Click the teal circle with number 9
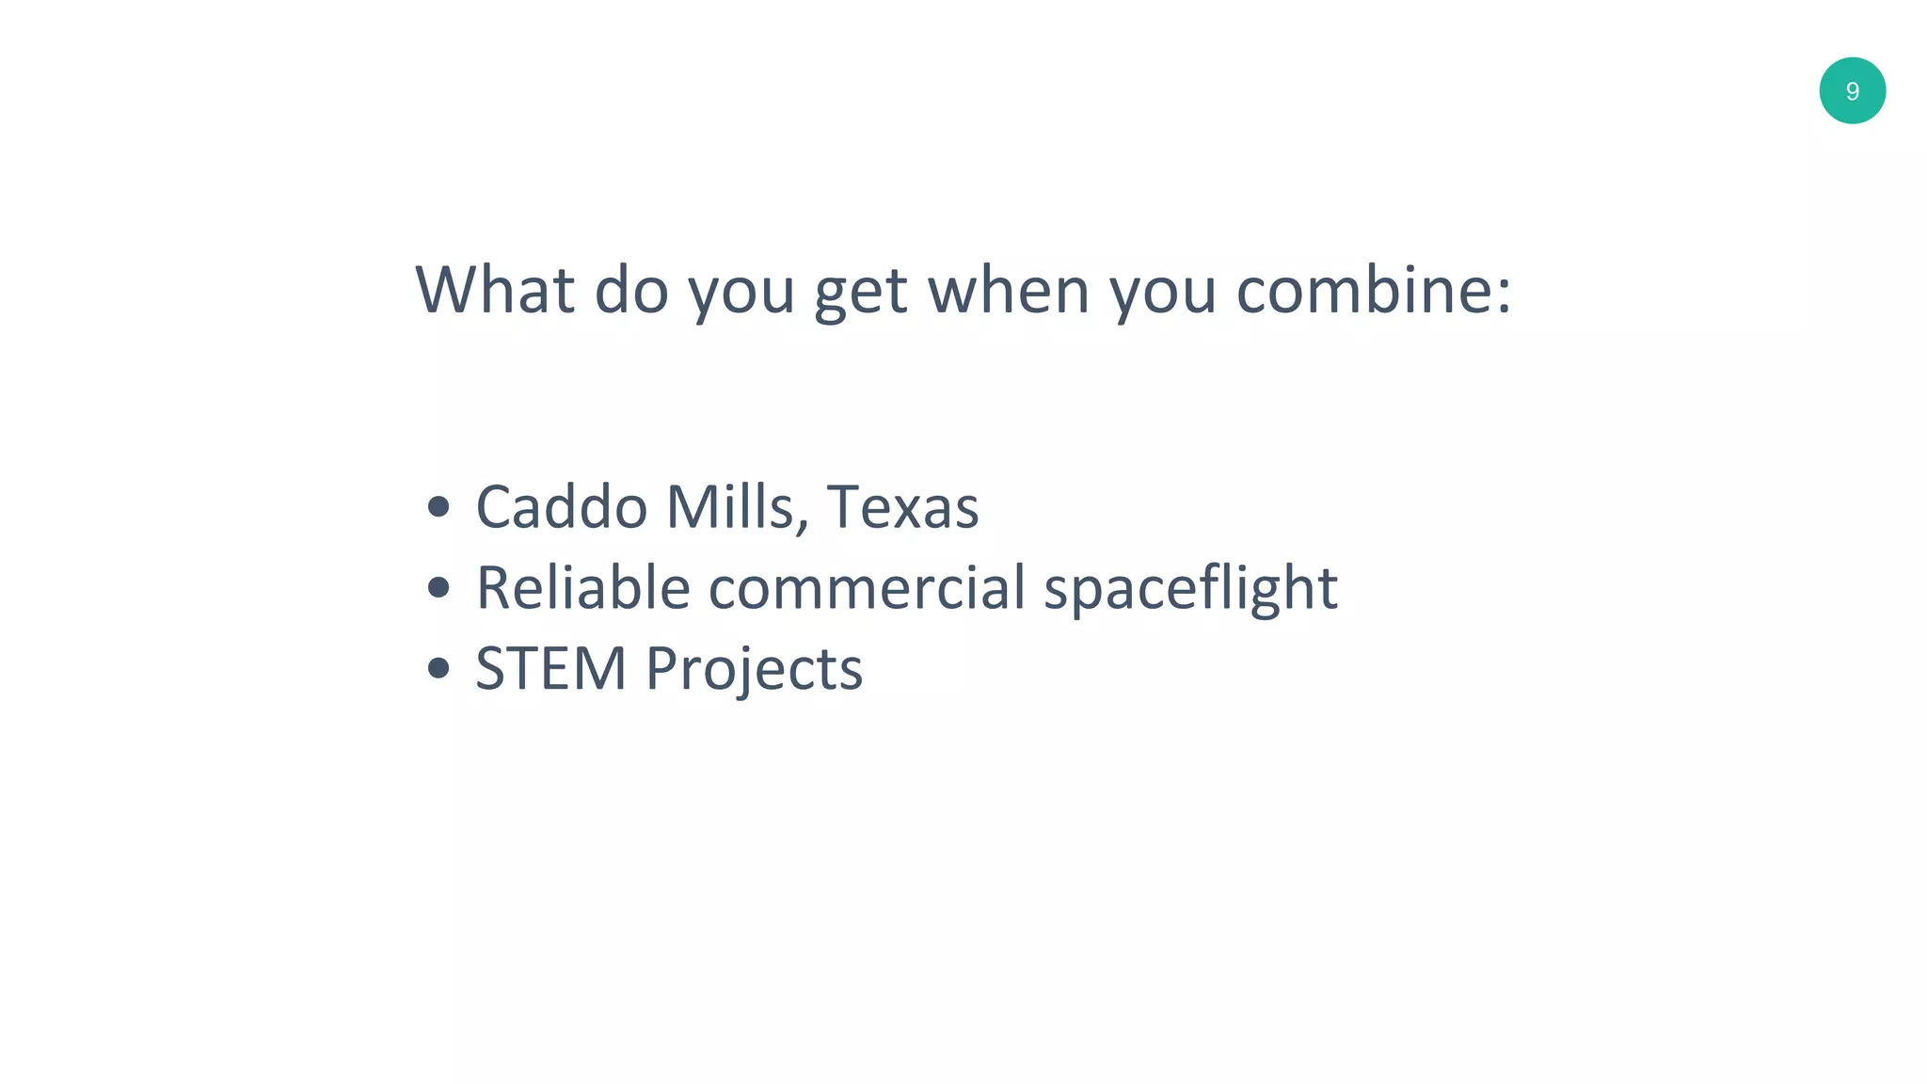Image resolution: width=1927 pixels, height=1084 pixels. [x=1852, y=90]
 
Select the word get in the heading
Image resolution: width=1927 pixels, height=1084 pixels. [x=860, y=294]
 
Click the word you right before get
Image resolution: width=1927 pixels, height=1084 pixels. [x=741, y=294]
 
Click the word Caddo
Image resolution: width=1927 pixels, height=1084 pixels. [x=561, y=507]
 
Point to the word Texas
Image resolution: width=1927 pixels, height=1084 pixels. [x=902, y=507]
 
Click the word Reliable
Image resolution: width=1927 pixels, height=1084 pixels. [x=583, y=588]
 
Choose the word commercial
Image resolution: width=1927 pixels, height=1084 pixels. [x=866, y=588]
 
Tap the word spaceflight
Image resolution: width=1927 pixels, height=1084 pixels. [x=1190, y=591]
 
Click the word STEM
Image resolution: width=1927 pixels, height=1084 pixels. [x=550, y=669]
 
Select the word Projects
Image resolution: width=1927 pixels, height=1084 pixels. [x=754, y=672]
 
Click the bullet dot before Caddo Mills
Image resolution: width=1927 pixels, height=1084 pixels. [x=438, y=508]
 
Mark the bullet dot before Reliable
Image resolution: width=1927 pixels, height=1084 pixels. [x=438, y=588]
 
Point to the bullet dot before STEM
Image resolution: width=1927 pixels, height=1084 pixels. [x=438, y=669]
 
